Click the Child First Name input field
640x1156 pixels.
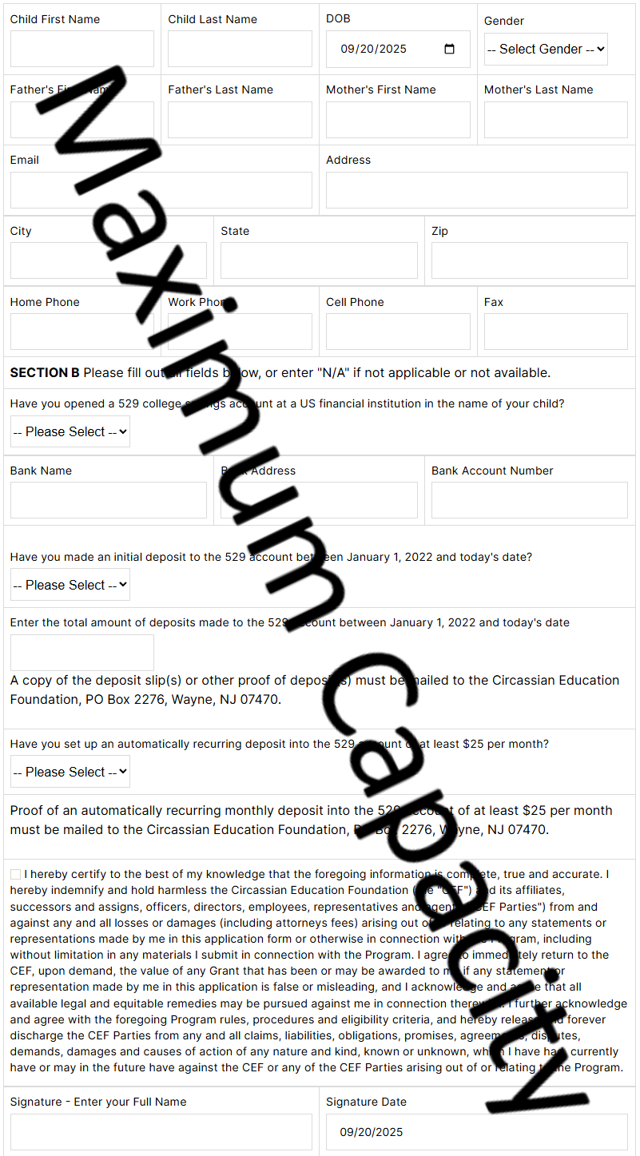point(81,49)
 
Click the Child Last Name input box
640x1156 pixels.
point(240,49)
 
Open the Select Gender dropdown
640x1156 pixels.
point(546,49)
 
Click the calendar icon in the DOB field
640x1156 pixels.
point(449,49)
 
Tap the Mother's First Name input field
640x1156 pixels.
point(398,120)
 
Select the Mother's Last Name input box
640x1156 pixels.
point(555,120)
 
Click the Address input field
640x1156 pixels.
point(476,190)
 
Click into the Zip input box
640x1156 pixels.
point(529,260)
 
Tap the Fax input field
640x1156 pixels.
point(555,332)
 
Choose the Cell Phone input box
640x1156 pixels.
point(398,332)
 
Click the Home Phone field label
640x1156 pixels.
point(45,302)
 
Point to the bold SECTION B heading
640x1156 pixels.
point(45,372)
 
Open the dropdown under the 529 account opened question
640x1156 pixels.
point(70,431)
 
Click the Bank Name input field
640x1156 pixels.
point(108,500)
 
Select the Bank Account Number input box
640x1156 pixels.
point(529,500)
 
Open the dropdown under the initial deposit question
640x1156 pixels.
point(70,585)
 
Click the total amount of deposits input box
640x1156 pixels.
point(81,653)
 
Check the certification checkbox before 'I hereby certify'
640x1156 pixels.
point(16,875)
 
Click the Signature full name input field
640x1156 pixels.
point(161,1132)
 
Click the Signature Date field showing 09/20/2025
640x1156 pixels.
point(476,1132)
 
